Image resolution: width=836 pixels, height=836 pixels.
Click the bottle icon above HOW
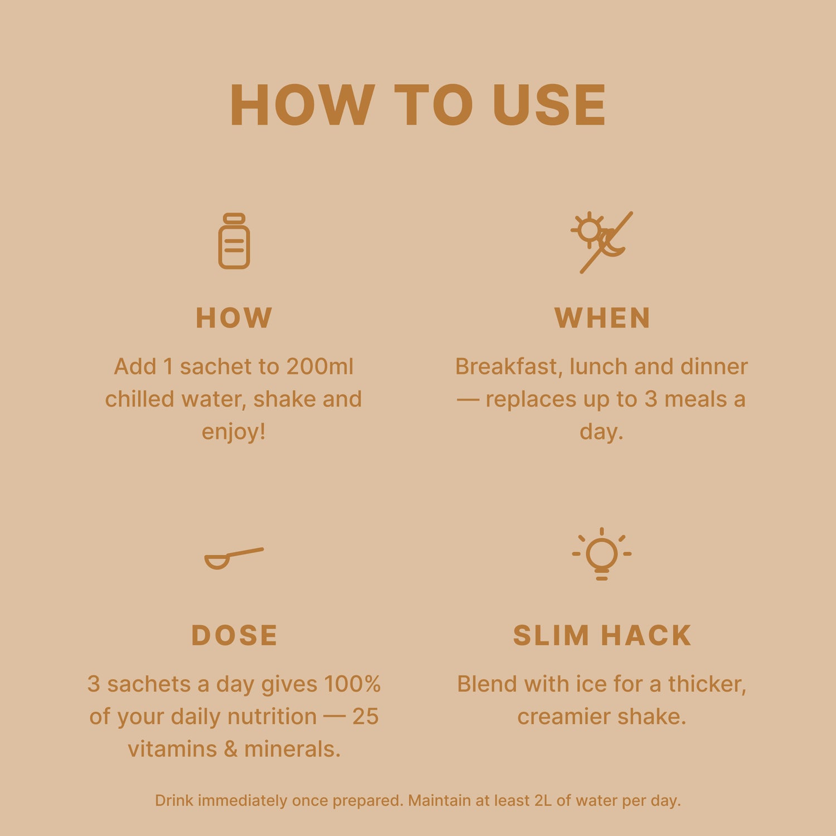click(x=234, y=241)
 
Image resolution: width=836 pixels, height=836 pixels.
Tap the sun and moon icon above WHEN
click(x=602, y=242)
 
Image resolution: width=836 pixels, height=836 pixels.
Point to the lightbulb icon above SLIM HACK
click(x=602, y=553)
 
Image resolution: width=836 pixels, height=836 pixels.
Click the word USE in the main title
click(x=550, y=105)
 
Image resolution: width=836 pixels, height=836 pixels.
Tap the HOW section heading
click(x=234, y=318)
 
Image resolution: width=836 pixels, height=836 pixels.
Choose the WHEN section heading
click(x=602, y=318)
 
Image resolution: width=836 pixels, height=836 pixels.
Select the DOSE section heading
click(x=234, y=635)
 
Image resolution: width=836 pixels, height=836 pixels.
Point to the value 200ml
click(x=320, y=367)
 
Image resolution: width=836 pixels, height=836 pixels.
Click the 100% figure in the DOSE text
click(x=352, y=684)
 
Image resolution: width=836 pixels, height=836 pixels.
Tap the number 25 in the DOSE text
click(x=365, y=717)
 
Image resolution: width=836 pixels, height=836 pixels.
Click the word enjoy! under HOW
click(x=234, y=432)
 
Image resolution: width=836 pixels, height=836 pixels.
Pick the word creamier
click(x=562, y=717)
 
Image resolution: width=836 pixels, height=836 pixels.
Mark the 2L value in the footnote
click(x=543, y=801)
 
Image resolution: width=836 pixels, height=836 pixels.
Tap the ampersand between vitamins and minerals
click(x=231, y=749)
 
